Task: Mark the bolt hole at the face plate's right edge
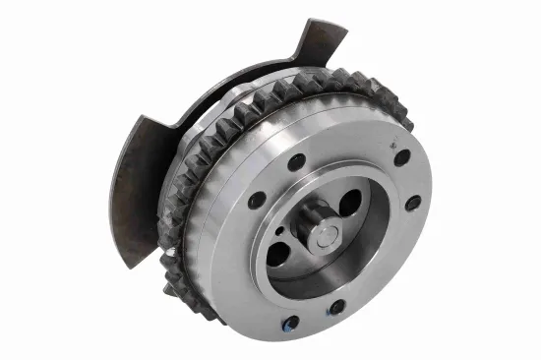click(413, 202)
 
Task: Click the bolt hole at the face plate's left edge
click(257, 200)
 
